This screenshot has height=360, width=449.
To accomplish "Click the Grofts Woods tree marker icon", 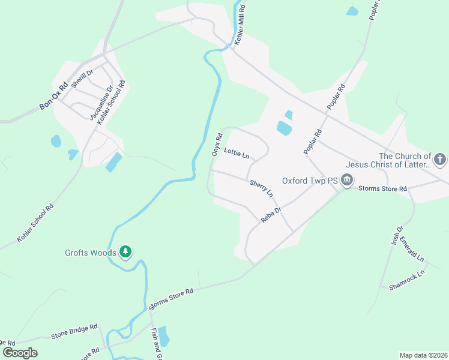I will point(125,252).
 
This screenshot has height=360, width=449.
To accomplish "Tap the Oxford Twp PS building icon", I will point(347,180).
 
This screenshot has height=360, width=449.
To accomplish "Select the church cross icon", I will point(440,160).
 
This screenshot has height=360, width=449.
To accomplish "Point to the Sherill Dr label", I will point(82,79).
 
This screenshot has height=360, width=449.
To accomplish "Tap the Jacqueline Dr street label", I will point(101,103).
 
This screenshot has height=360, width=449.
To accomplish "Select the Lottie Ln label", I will point(236,154).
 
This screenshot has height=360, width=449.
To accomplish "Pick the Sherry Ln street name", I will point(261,188).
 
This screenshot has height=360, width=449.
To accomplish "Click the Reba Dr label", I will point(271,215).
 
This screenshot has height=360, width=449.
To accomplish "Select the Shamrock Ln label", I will point(406,280).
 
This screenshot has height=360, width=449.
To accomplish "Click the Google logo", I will point(20,352).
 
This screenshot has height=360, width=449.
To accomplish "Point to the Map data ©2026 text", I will point(423,355).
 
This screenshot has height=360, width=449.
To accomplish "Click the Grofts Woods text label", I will point(91,253).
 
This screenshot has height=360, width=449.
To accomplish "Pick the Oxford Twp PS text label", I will point(310,180).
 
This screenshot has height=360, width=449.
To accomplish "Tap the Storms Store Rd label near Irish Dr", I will point(383,189).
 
